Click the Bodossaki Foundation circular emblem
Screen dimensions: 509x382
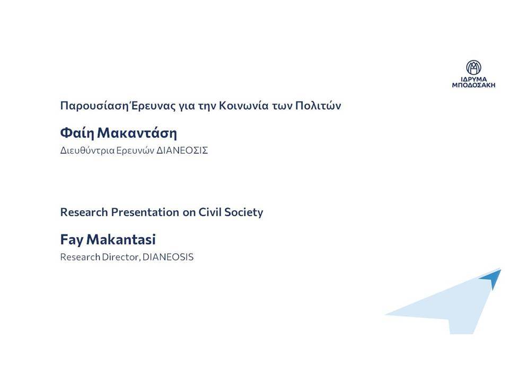(x=473, y=67)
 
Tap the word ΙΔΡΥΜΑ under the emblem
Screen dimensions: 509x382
(x=474, y=79)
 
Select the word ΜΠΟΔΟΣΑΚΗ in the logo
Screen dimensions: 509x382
(x=473, y=85)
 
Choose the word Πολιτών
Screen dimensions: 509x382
(x=318, y=106)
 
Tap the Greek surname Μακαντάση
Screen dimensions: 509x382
(x=137, y=133)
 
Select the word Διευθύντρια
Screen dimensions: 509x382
(x=87, y=151)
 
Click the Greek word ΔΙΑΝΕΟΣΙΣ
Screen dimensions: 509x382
(x=182, y=151)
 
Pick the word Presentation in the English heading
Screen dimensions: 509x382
(x=145, y=212)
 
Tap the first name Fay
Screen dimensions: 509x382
(x=72, y=240)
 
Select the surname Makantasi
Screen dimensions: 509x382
(x=121, y=239)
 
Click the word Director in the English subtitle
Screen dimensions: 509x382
(x=121, y=257)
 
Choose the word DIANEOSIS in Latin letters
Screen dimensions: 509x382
(x=168, y=257)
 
